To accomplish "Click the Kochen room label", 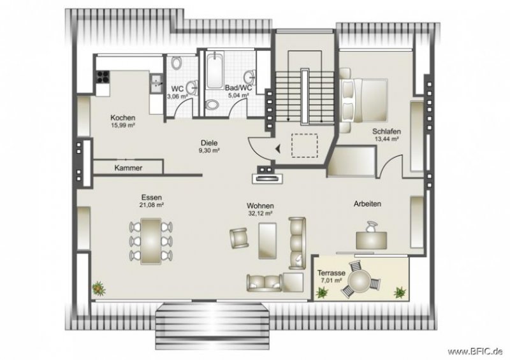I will (122, 118).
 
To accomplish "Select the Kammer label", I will (128, 168).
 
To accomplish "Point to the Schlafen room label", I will (386, 131).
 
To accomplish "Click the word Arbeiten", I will (367, 204).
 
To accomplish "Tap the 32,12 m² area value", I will (261, 214).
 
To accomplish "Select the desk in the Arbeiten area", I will (372, 239).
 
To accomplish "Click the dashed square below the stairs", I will (303, 146).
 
